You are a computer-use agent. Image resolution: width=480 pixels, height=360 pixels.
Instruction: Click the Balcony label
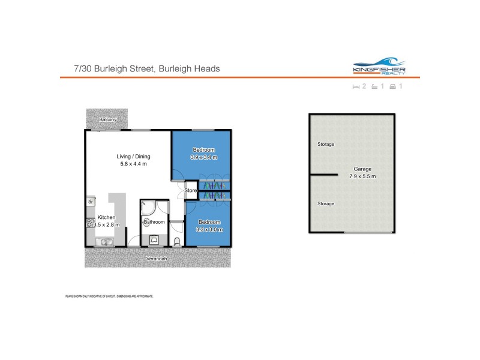(107, 120)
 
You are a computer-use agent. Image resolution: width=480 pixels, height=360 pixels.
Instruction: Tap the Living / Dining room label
(133, 157)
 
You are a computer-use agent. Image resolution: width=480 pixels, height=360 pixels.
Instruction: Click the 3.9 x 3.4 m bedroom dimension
(204, 157)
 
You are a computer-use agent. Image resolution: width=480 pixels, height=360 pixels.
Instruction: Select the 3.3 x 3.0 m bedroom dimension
(210, 229)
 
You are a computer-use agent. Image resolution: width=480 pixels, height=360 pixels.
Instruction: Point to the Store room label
(191, 191)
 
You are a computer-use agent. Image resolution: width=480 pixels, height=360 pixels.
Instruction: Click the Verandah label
(157, 259)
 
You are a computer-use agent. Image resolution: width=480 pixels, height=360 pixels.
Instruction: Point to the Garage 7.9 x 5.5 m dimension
(362, 176)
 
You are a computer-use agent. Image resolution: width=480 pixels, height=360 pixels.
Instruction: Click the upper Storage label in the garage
(326, 145)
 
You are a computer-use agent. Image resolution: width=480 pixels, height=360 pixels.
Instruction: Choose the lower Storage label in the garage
(326, 204)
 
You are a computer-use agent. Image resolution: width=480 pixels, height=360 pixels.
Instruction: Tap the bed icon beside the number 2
(355, 87)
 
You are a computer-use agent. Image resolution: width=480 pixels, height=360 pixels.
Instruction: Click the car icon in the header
(392, 87)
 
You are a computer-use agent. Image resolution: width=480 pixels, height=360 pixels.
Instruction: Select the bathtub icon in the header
(374, 87)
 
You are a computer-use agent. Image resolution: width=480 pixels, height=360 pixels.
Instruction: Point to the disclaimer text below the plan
(109, 296)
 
